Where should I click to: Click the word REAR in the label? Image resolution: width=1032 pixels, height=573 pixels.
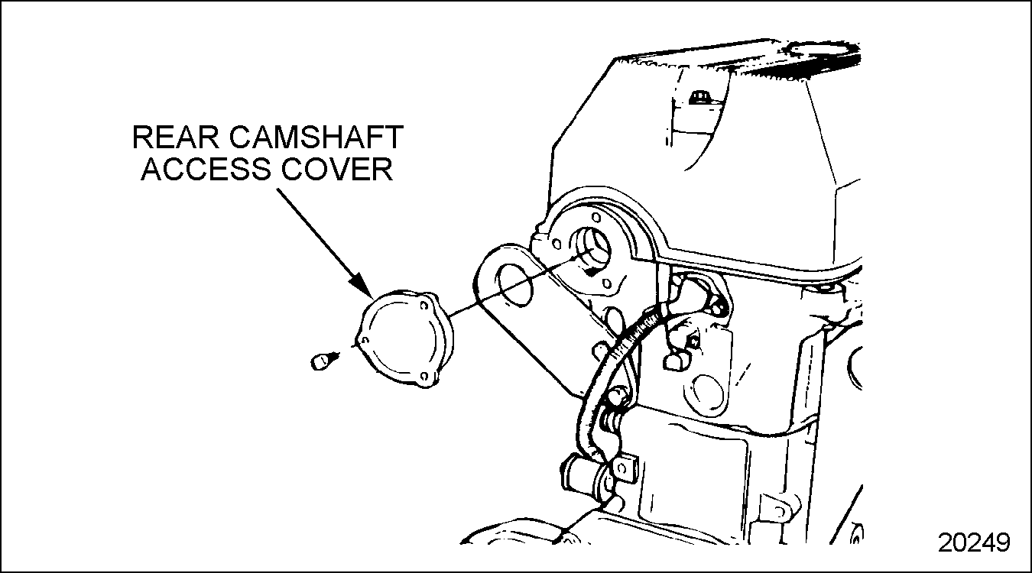click(x=175, y=137)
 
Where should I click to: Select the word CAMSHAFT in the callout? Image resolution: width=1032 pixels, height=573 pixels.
click(x=316, y=137)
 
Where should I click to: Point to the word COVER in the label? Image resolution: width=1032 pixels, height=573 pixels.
click(x=337, y=169)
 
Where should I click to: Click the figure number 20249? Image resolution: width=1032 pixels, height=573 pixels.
click(x=974, y=542)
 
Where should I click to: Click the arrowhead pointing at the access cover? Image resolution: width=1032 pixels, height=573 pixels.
click(x=362, y=285)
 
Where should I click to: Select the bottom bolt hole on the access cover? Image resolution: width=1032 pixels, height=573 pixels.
click(x=424, y=377)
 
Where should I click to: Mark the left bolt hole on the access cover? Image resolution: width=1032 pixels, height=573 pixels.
click(x=365, y=341)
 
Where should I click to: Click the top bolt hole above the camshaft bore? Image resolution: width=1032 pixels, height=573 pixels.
click(x=596, y=217)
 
